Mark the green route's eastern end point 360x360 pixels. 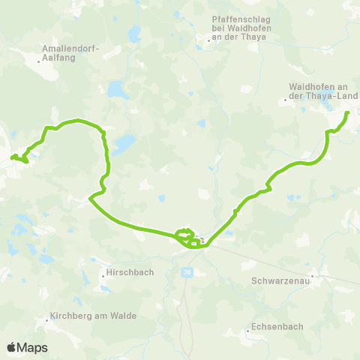349,112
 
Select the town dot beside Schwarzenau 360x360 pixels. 313,276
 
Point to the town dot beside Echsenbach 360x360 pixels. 247,330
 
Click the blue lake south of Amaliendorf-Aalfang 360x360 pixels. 117,91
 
